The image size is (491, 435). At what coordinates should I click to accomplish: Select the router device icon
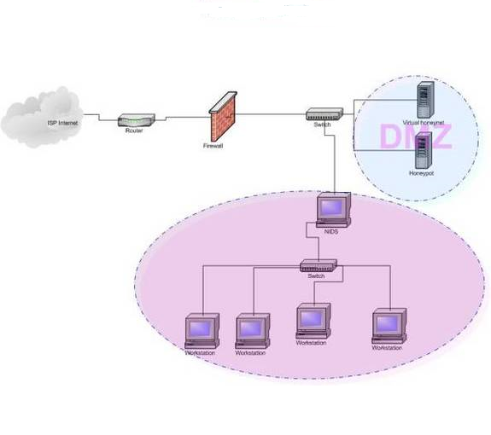(135, 120)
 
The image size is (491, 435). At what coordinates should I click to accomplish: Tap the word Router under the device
(134, 131)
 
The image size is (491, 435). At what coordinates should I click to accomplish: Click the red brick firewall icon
(222, 118)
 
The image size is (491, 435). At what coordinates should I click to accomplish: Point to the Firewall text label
(213, 146)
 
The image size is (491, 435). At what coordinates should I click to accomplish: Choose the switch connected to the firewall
(324, 113)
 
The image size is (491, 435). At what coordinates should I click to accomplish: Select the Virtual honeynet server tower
(422, 99)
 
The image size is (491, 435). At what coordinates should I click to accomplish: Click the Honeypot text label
(422, 174)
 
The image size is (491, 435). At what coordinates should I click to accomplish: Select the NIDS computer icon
(333, 209)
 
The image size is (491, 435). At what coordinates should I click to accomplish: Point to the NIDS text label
(332, 231)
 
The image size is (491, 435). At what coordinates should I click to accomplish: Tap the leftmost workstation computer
(202, 329)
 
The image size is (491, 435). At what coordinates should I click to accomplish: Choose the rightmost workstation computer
(388, 326)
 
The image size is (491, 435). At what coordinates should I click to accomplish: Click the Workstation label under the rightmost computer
(387, 348)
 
